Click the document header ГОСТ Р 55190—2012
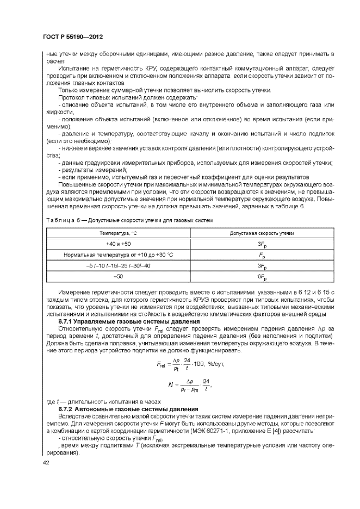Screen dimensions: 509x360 tap(73, 37)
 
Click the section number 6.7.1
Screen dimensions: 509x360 tap(67, 322)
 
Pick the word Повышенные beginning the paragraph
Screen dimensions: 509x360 tap(77, 184)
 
